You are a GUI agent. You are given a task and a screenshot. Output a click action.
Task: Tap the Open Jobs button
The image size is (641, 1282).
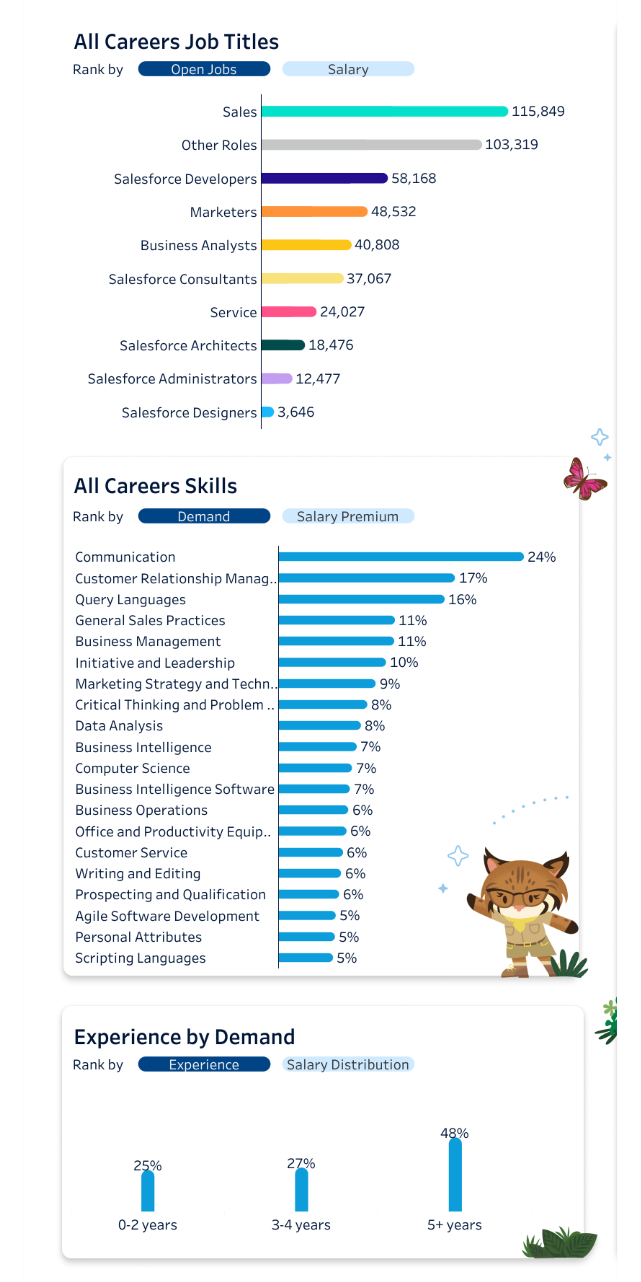click(204, 69)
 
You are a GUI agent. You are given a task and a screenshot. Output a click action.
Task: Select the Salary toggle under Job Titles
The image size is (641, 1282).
click(348, 69)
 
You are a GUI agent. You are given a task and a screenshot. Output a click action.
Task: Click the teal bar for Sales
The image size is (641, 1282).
click(384, 112)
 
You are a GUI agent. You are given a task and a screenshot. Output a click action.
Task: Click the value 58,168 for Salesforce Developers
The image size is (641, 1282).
click(414, 178)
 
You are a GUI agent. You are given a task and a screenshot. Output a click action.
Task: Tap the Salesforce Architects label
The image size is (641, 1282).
click(188, 345)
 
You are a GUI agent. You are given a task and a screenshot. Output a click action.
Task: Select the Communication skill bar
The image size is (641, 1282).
click(400, 556)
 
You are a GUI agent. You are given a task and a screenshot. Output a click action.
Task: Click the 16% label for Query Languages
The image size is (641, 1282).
click(462, 599)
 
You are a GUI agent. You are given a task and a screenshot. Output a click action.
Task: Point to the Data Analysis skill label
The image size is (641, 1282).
click(119, 726)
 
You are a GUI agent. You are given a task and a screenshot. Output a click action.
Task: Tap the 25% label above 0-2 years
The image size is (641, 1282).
click(148, 1166)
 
